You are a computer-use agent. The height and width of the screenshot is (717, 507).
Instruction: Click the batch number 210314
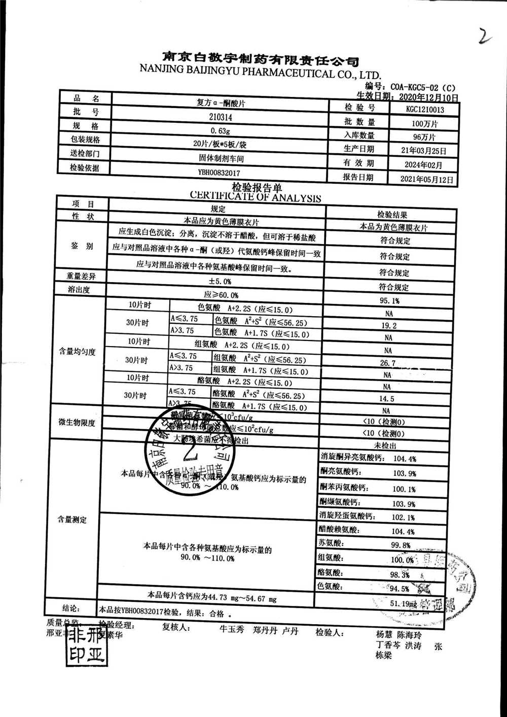pos(220,117)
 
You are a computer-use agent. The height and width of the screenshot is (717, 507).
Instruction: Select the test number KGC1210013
pos(425,109)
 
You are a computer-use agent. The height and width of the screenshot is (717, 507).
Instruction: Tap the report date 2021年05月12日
pos(426,179)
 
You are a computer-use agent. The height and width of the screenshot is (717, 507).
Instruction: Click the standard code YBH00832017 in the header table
pos(219,173)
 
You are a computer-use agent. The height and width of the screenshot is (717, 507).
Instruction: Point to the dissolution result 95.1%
pos(389,301)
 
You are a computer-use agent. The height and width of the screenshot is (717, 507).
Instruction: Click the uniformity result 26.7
pos(388,363)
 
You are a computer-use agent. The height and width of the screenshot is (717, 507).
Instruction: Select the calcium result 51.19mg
pos(404,604)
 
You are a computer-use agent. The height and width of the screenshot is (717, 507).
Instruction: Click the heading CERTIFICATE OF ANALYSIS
pos(256,197)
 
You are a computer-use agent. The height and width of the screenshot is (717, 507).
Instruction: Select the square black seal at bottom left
pos(87,644)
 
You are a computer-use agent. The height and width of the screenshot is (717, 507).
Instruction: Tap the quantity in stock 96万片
pos(424,136)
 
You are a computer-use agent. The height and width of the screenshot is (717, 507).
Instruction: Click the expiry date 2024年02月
pos(423,165)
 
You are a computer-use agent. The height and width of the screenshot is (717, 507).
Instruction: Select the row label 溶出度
pos(79,290)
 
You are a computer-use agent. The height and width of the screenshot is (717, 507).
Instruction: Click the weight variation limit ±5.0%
pos(220,281)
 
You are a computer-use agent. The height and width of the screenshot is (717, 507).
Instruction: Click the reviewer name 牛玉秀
pos(232,630)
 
